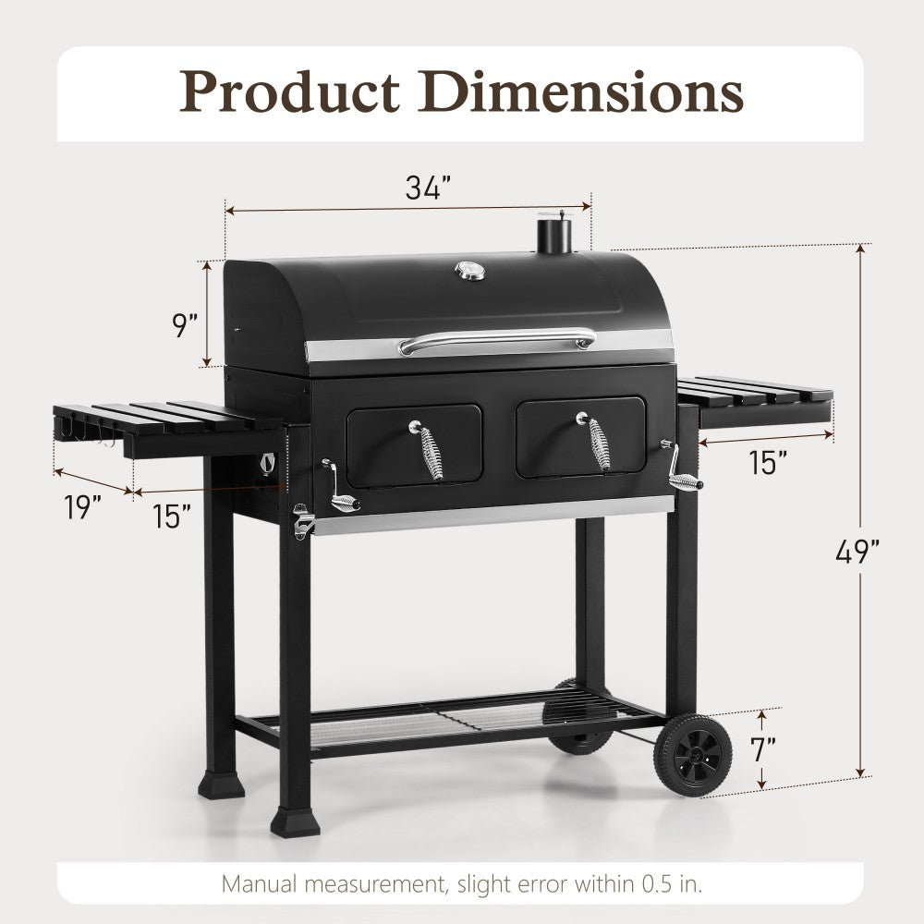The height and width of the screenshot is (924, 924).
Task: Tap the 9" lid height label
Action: [186, 326]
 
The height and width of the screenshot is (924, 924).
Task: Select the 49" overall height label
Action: [856, 552]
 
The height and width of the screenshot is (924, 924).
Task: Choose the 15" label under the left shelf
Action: [173, 516]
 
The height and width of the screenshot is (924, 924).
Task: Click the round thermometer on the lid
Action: [468, 270]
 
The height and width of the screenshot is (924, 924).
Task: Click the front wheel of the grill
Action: [693, 755]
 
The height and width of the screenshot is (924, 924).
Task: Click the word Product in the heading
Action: [289, 92]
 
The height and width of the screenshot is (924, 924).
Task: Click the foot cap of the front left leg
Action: [296, 821]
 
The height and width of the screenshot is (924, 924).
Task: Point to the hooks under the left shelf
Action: [88, 434]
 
